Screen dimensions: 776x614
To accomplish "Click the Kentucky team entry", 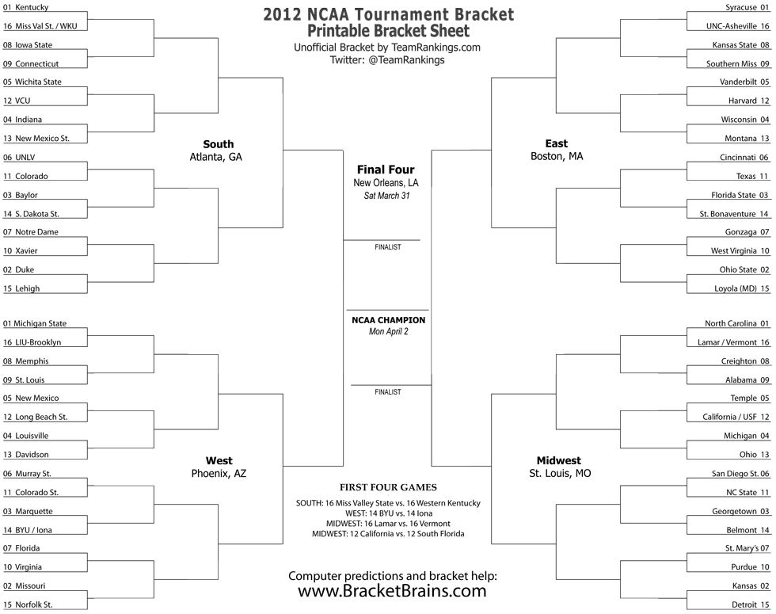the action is (25, 7).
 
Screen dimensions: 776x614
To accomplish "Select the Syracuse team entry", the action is (747, 7).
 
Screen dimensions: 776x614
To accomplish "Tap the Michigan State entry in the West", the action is (35, 323).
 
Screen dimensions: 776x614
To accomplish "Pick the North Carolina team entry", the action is (737, 323).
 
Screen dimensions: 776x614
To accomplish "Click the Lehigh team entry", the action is (21, 288).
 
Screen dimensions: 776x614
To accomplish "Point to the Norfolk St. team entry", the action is (28, 604).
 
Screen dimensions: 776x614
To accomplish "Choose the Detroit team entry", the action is (751, 604).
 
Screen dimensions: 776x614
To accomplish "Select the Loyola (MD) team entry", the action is (741, 288).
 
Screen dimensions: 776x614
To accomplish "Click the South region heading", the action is (219, 144).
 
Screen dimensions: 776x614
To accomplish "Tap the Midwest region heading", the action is (559, 460).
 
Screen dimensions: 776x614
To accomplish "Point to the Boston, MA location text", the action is (557, 157).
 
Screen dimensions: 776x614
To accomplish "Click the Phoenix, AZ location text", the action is (219, 474).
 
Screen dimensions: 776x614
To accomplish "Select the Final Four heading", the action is (386, 170).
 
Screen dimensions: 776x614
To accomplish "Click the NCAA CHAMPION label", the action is (389, 320).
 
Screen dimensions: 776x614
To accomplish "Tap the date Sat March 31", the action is (387, 196).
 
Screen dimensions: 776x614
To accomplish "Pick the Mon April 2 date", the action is (389, 332).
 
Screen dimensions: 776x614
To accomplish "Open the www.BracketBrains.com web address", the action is (392, 591).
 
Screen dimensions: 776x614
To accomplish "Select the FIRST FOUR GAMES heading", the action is (389, 487).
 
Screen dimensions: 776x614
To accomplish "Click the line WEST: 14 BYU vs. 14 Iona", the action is (389, 513).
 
